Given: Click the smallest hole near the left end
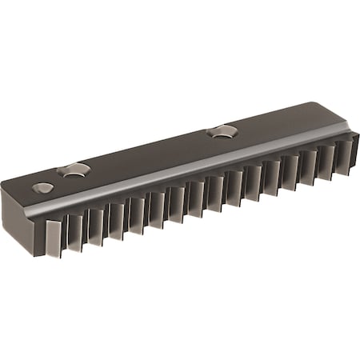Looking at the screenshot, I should click(43, 188).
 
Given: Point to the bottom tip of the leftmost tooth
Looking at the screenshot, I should click(54, 254).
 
